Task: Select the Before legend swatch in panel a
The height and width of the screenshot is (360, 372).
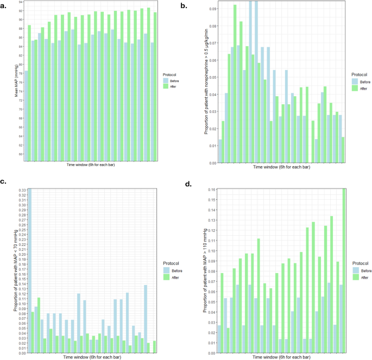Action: click(166, 81)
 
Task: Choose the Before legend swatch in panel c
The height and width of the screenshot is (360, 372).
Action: click(166, 270)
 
